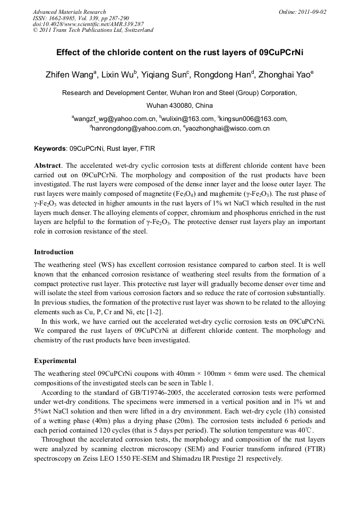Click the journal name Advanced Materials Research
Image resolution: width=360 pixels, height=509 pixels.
[x=69, y=12]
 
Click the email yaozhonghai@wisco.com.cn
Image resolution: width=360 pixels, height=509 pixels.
[x=228, y=128]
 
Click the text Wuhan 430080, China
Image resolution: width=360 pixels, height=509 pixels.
[x=179, y=106]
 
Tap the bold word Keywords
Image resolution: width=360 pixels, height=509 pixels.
[x=50, y=149]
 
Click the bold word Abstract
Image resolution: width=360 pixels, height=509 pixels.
[x=48, y=166]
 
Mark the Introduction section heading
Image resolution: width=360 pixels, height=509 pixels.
[x=54, y=252]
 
